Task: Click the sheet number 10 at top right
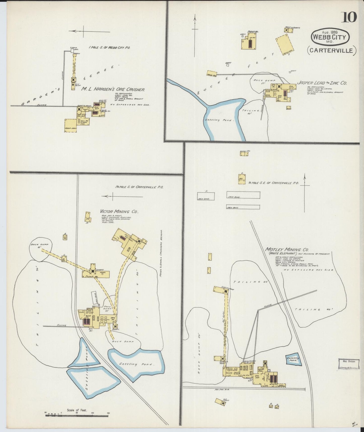click(x=349, y=17)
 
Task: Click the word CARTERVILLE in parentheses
click(x=331, y=50)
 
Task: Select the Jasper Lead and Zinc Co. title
click(x=322, y=83)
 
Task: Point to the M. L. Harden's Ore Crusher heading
click(x=113, y=89)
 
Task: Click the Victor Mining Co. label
click(x=119, y=212)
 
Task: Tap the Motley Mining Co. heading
click(x=287, y=249)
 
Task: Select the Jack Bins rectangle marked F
click(x=206, y=196)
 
